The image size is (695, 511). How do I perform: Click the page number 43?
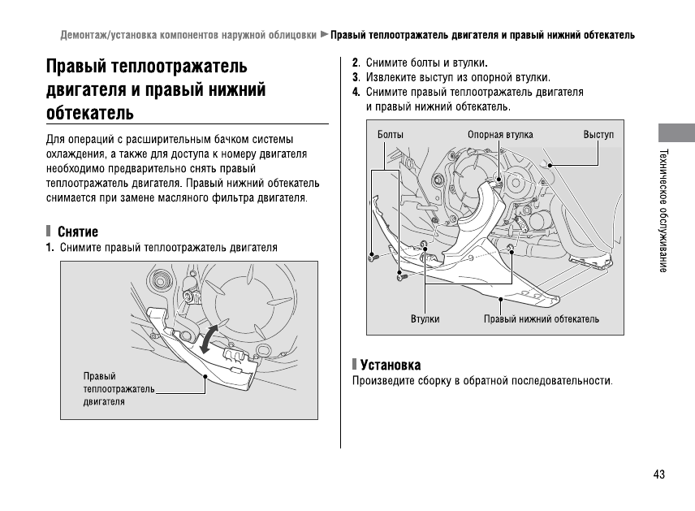(658, 474)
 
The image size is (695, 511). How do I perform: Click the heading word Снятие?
(78, 232)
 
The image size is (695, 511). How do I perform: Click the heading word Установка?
(390, 366)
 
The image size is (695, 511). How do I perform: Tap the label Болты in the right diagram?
(391, 134)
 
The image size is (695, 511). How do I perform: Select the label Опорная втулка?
(500, 134)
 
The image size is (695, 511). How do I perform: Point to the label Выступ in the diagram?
(598, 134)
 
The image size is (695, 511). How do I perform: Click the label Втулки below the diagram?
(425, 319)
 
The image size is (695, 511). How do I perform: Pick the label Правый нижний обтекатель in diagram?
(542, 319)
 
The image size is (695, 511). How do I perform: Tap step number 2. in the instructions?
(356, 63)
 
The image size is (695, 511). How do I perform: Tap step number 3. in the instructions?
(356, 77)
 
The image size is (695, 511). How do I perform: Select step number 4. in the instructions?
(356, 92)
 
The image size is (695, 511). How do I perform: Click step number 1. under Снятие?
(50, 247)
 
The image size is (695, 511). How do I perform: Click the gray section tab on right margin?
(676, 134)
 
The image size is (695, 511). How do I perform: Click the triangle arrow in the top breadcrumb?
(324, 35)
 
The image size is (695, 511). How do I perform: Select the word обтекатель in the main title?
(90, 111)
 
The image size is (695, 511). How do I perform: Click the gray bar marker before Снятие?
(49, 232)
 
